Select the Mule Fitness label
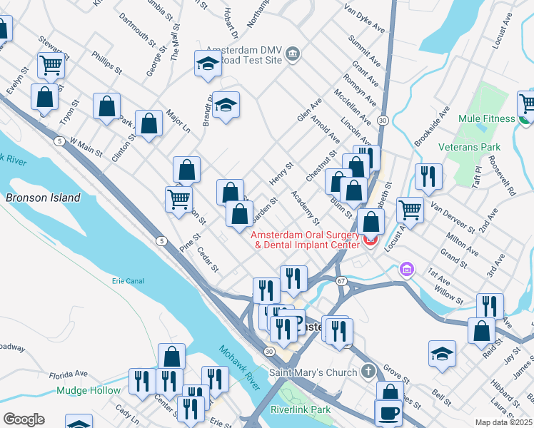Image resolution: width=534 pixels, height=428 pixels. pyautogui.click(x=487, y=118)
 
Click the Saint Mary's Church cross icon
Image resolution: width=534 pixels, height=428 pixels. pyautogui.click(x=367, y=372)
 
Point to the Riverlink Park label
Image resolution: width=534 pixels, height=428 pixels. pyautogui.click(x=301, y=409)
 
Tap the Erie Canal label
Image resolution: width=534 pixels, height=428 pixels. pyautogui.click(x=128, y=281)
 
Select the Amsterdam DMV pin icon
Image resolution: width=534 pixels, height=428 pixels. pyautogui.click(x=293, y=54)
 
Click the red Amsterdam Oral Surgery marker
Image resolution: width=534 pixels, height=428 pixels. pyautogui.click(x=370, y=240)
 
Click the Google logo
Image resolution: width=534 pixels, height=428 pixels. pyautogui.click(x=24, y=419)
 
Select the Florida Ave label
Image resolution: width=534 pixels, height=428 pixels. pyautogui.click(x=69, y=373)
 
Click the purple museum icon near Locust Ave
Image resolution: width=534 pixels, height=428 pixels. pyautogui.click(x=406, y=270)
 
